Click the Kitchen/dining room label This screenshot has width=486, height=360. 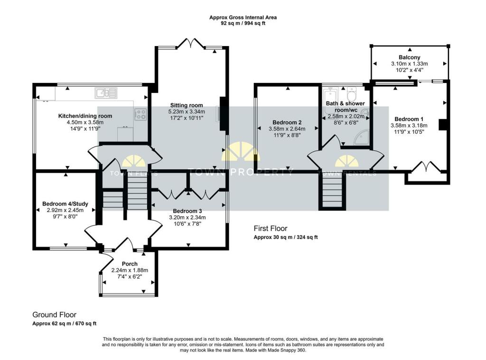[85, 116]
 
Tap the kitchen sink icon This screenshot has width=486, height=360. [106, 93]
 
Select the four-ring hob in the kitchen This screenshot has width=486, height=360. [141, 114]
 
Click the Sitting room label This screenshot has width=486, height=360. [187, 105]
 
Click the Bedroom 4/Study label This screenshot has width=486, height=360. [62, 204]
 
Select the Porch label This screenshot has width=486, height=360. [130, 264]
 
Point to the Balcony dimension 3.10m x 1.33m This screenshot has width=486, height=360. [409, 64]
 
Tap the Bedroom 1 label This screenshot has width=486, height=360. [409, 119]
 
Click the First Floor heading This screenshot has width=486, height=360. [271, 228]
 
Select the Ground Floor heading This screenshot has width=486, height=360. [54, 314]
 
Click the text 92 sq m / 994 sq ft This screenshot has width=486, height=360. [243, 23]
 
